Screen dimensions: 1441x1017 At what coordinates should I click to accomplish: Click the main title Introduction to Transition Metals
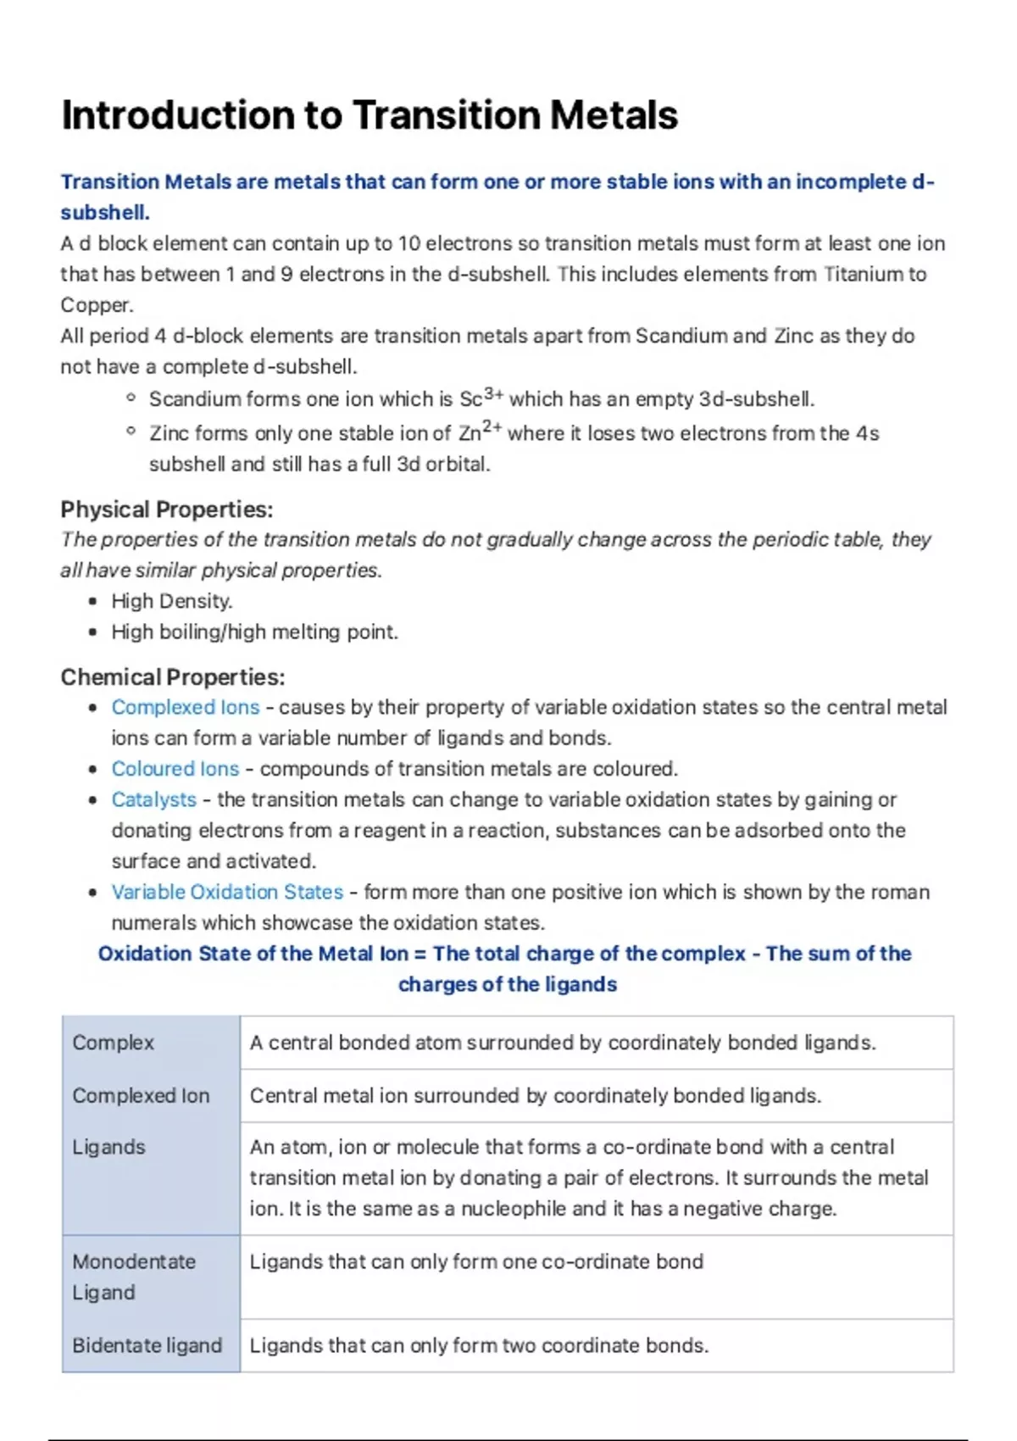coord(370,115)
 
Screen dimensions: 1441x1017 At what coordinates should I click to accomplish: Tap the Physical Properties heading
coord(167,509)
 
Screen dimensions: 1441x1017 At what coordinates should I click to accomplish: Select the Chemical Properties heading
coord(173,677)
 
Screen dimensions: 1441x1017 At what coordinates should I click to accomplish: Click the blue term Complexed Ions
coord(186,707)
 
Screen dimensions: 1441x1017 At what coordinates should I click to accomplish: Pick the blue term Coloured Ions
coord(175,769)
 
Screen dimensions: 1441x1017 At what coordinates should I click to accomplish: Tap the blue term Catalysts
coord(153,799)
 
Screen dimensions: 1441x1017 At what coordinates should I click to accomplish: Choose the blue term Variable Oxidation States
coord(227,892)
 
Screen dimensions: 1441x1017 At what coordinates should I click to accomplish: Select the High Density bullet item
coord(172,601)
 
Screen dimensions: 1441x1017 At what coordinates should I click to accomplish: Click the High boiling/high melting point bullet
coord(254,631)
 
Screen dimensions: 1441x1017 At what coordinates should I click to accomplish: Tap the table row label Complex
coord(114,1043)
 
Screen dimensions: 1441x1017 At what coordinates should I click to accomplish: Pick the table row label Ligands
coord(108,1147)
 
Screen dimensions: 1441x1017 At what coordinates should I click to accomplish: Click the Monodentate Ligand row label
coord(133,1277)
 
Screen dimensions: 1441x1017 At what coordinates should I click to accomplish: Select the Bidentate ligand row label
coord(147,1345)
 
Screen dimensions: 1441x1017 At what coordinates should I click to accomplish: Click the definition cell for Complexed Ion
coord(535,1095)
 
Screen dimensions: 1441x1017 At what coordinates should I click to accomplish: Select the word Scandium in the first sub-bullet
coord(195,398)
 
